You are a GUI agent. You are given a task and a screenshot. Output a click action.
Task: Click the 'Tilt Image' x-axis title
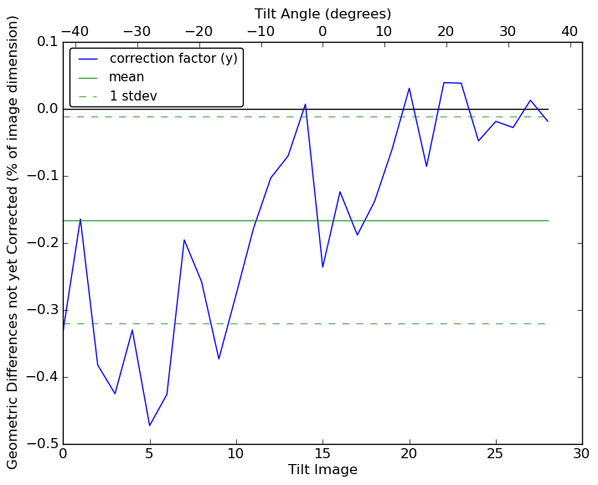322,470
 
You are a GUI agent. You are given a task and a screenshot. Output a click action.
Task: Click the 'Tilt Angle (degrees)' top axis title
322,13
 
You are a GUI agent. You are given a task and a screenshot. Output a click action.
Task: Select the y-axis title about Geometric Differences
13,242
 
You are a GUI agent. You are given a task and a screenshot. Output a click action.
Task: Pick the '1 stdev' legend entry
133,96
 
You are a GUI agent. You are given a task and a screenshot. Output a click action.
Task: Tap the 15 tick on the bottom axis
322,453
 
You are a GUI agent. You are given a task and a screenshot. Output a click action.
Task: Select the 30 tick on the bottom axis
582,453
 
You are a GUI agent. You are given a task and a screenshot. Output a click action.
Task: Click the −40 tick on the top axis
75,31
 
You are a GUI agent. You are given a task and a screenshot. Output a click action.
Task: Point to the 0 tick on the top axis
322,31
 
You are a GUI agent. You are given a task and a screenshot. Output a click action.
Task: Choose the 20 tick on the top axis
446,31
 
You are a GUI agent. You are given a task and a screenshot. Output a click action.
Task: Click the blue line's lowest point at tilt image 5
149,426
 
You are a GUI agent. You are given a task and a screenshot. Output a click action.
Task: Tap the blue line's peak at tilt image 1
80,219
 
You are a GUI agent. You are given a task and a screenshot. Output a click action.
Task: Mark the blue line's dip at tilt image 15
322,267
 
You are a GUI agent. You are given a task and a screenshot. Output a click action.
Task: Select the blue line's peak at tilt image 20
409,88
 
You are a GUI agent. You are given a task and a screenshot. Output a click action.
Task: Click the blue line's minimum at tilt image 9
219,359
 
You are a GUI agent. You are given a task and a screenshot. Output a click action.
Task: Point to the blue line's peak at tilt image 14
305,104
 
